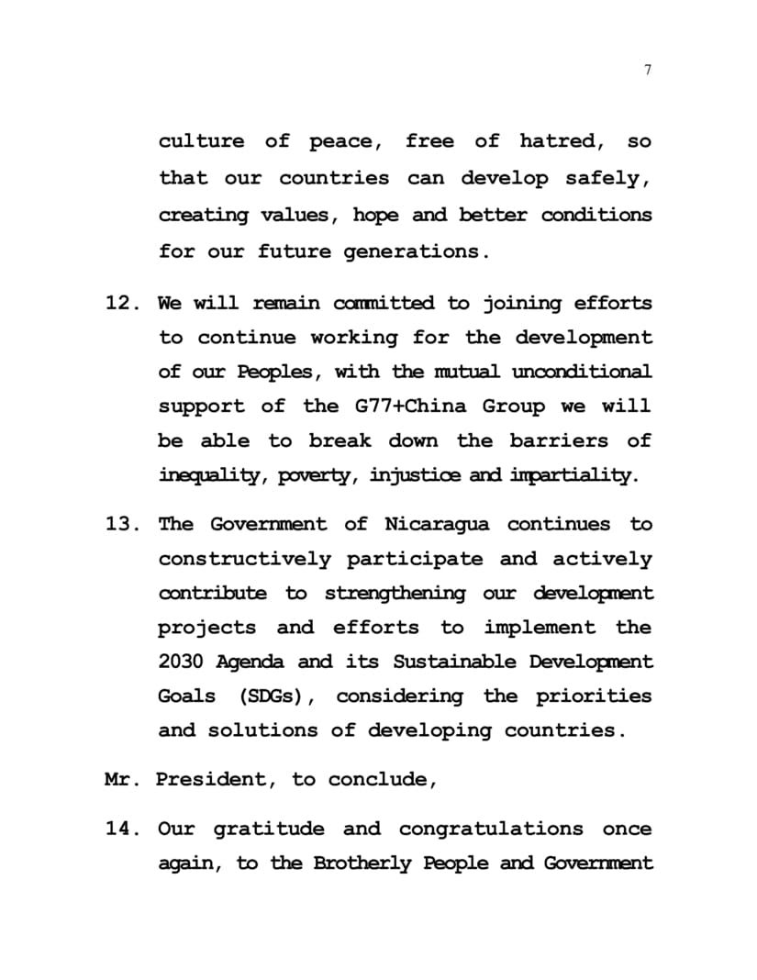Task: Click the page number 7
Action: click(649, 71)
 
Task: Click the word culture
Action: click(201, 141)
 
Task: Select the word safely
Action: click(608, 178)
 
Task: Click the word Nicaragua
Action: click(437, 525)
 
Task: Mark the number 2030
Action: click(182, 662)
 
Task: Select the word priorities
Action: click(596, 696)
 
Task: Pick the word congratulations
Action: click(491, 830)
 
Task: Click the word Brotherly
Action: click(362, 864)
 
